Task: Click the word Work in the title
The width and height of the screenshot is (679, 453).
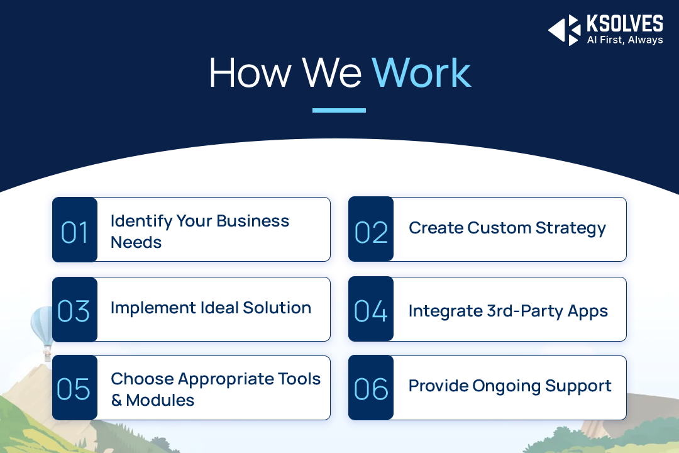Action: (421, 73)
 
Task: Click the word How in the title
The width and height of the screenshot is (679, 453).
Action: (250, 73)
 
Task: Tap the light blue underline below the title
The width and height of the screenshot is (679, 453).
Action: (339, 111)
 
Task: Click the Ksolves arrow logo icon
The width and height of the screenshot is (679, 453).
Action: (564, 30)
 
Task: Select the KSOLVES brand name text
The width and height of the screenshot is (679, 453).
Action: (624, 23)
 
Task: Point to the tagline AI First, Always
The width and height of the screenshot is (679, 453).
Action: (625, 40)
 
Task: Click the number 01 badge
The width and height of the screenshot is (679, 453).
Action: (75, 230)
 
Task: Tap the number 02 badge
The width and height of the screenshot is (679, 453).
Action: (371, 229)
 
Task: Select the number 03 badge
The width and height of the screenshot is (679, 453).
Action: (75, 310)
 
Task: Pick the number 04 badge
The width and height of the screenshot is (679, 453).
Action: (371, 309)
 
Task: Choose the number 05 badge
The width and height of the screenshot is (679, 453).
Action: (75, 388)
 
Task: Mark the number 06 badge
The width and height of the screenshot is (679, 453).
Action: (371, 388)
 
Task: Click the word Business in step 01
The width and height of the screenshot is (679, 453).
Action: (253, 221)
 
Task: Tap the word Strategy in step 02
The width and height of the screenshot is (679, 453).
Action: (571, 228)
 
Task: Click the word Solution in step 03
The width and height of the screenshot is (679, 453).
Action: (277, 308)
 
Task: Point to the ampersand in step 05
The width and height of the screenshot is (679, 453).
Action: (116, 400)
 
